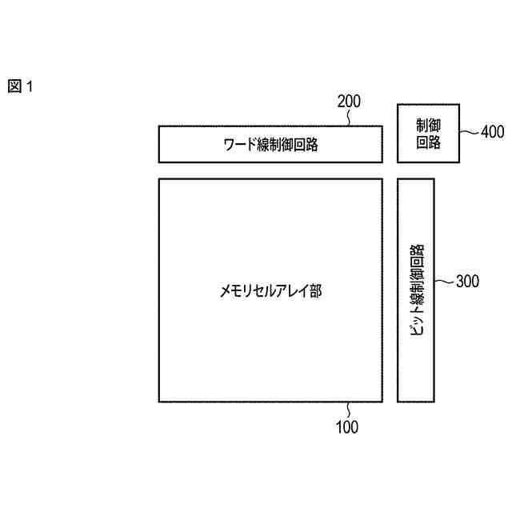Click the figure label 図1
[x=21, y=86]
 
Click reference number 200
[x=349, y=102]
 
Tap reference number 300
[x=467, y=281]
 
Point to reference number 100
[x=346, y=427]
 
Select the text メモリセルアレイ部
[x=270, y=290]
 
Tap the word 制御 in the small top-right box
[x=429, y=126]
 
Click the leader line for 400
[x=470, y=132]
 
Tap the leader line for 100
[x=347, y=410]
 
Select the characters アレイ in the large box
[x=294, y=290]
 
